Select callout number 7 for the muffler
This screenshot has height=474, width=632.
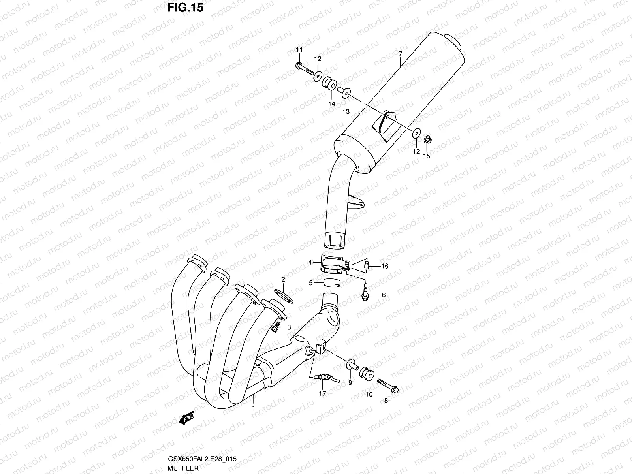tap(400, 53)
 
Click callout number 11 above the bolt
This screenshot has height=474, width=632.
tap(299, 50)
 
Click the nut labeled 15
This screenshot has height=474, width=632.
tap(427, 140)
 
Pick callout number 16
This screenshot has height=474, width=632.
tap(385, 266)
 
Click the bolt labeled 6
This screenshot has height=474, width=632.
tap(365, 292)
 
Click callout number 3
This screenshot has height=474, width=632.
tap(289, 327)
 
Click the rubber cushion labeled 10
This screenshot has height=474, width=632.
tap(366, 374)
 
